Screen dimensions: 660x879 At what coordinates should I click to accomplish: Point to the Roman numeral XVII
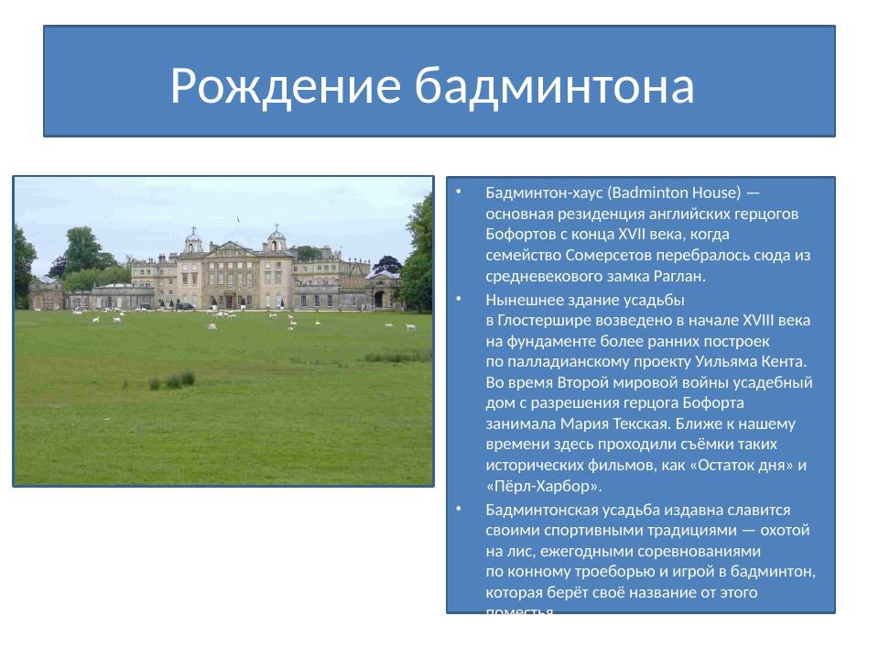[x=635, y=235]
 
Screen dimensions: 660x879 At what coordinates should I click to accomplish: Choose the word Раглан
[x=678, y=276]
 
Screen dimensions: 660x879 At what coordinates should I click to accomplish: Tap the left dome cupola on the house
[x=193, y=240]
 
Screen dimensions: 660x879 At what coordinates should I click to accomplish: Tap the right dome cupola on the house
[x=276, y=240]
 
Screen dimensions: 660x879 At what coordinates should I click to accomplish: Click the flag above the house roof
[x=238, y=219]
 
